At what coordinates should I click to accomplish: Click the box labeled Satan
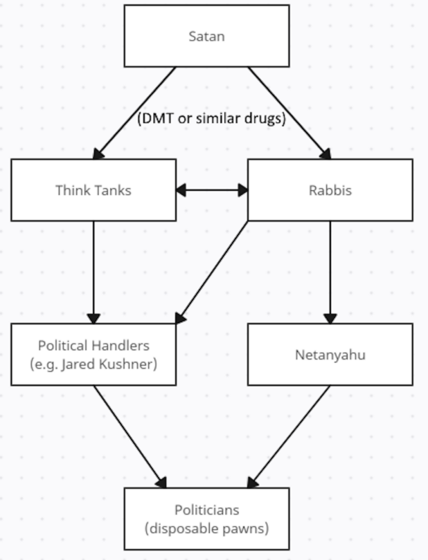pos(206,36)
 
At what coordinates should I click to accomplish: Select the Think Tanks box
pos(93,190)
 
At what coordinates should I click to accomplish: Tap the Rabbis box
pos(330,190)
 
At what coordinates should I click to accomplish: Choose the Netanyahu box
pos(330,355)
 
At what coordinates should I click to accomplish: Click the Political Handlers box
pos(93,354)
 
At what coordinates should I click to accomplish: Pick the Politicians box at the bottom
pos(206,519)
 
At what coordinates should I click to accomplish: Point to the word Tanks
pos(110,190)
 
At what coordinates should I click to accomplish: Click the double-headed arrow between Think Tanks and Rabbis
pos(212,190)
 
